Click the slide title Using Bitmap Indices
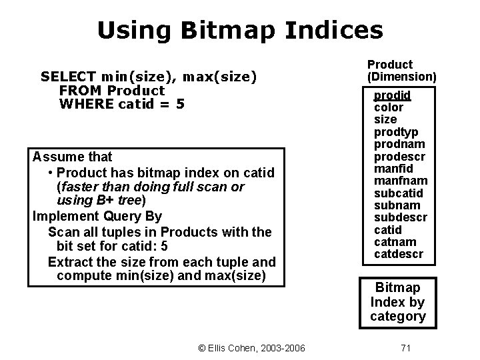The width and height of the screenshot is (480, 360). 240,30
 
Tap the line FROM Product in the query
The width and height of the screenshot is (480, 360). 111,90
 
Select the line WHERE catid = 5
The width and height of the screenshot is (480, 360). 121,104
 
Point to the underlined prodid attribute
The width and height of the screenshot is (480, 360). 392,95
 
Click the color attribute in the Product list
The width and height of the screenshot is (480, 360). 388,107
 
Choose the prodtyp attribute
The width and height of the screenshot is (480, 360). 396,133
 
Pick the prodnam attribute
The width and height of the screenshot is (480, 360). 399,145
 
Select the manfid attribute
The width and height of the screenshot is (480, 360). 393,169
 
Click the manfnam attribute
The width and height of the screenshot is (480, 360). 400,181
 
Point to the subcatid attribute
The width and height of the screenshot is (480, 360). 399,193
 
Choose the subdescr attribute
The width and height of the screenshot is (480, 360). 401,218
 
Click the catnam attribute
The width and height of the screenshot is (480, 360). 395,242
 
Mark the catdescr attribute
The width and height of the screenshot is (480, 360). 398,254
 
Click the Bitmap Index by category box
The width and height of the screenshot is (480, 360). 398,302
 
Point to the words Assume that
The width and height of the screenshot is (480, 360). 72,157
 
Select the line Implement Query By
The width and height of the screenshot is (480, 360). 97,217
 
